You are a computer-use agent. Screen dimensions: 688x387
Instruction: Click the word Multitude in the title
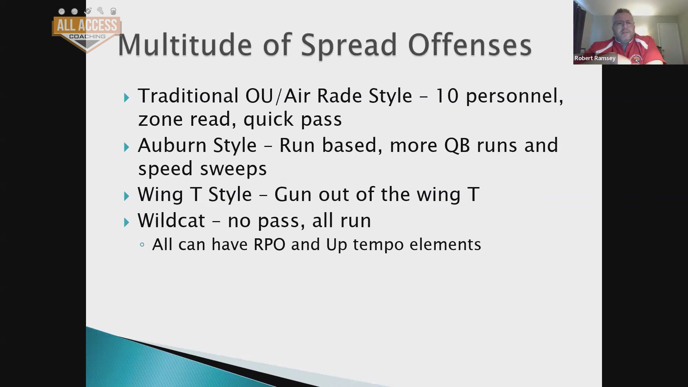point(185,45)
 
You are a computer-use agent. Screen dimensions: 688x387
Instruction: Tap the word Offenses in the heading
point(470,45)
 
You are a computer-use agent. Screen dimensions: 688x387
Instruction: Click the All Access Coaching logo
point(87,30)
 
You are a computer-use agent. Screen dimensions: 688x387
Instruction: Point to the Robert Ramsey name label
point(595,58)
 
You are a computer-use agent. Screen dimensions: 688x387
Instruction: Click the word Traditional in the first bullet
point(188,96)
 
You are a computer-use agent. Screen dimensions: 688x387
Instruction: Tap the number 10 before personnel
point(447,96)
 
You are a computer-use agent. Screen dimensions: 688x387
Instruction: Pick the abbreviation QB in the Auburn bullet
point(457,146)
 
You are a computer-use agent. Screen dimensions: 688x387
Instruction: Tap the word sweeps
point(233,169)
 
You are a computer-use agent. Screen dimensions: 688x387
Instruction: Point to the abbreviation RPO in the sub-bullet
point(269,244)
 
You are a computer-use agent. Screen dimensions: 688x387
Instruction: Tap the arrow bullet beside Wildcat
point(126,223)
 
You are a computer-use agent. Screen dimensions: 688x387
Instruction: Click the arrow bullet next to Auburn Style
point(126,147)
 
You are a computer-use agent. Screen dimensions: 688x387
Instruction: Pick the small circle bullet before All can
point(142,245)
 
